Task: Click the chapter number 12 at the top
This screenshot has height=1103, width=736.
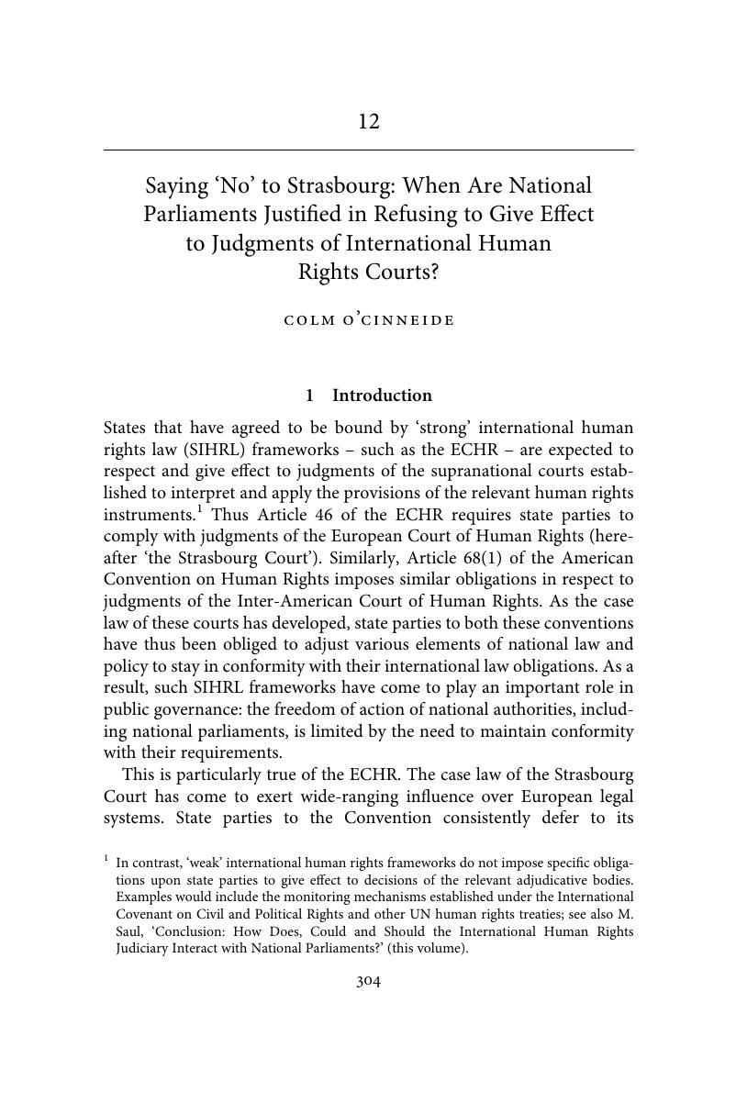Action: point(368,122)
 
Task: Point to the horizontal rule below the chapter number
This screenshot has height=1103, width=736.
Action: point(368,150)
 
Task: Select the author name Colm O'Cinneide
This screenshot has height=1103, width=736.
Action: point(369,320)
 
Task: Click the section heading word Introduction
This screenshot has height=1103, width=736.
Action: point(382,396)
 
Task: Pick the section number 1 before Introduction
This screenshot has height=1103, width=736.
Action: point(310,396)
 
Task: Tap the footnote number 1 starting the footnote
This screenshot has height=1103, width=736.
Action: point(106,859)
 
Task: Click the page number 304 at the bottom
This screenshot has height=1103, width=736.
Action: point(368,982)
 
